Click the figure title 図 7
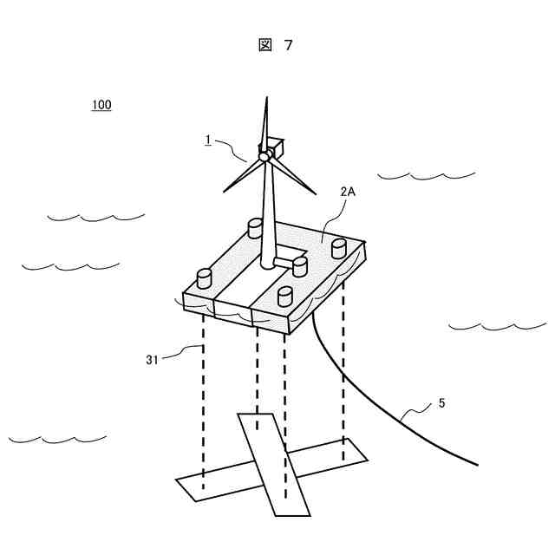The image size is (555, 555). (276, 46)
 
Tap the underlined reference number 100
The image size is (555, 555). (101, 105)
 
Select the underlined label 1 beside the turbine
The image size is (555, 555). (208, 140)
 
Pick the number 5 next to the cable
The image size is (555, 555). (441, 403)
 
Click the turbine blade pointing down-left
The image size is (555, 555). (243, 174)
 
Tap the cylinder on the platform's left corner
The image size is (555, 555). (205, 279)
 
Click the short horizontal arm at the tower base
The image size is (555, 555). (284, 261)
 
